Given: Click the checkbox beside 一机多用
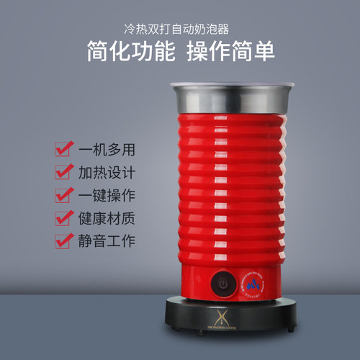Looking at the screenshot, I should (x=62, y=150).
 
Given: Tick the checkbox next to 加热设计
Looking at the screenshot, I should (x=62, y=173).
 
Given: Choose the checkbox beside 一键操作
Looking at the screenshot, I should (x=62, y=195).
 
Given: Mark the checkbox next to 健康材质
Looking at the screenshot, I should (x=62, y=217).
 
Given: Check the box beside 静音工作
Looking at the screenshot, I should (x=62, y=240).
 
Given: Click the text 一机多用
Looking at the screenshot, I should (x=107, y=150).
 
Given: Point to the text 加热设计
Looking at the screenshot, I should (x=107, y=173).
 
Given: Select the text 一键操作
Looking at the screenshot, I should (x=107, y=195).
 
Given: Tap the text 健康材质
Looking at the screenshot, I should (x=107, y=217).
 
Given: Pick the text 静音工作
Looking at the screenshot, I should (x=107, y=240).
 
